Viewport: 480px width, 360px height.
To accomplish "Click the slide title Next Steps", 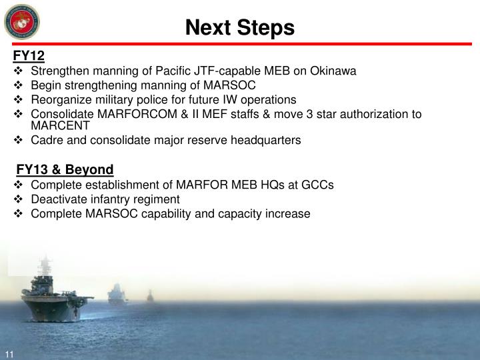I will (x=239, y=27).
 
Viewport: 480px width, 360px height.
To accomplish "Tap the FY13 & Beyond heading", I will (x=65, y=169).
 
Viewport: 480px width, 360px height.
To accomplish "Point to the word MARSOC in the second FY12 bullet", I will (x=231, y=85).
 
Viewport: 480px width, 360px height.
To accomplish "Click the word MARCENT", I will (x=60, y=125).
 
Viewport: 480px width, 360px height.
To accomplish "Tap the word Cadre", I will (x=46, y=140).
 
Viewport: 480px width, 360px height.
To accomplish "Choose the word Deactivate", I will (x=57, y=199).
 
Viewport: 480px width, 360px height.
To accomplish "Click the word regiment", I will (x=156, y=199).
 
